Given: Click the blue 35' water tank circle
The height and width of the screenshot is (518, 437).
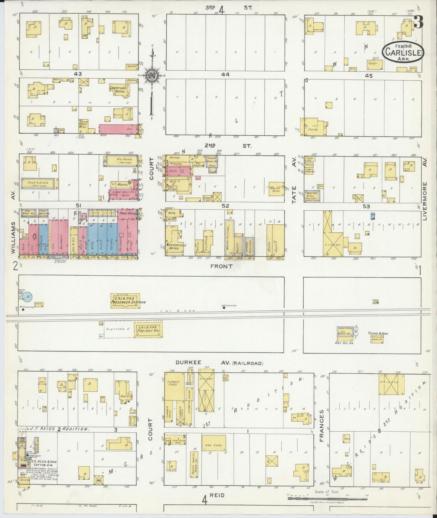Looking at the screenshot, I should [28, 297].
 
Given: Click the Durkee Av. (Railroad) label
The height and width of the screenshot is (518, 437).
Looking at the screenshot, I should [220, 363].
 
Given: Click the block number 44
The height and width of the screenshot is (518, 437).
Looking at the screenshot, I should [225, 74].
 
